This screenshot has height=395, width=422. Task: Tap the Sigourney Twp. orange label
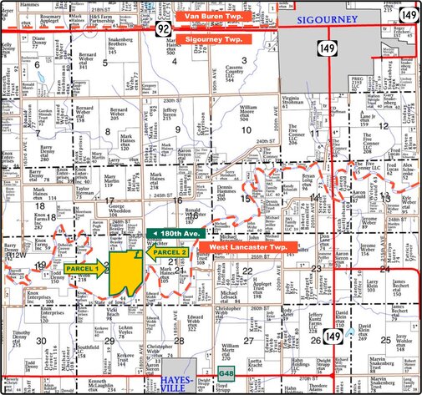(x=207, y=39)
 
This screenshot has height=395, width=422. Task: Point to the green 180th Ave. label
(x=176, y=233)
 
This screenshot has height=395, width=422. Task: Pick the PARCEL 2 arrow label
(x=167, y=251)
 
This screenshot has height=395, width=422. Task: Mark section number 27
(x=248, y=341)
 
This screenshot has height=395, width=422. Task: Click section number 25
(x=385, y=340)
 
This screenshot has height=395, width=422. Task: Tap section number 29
(x=109, y=341)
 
